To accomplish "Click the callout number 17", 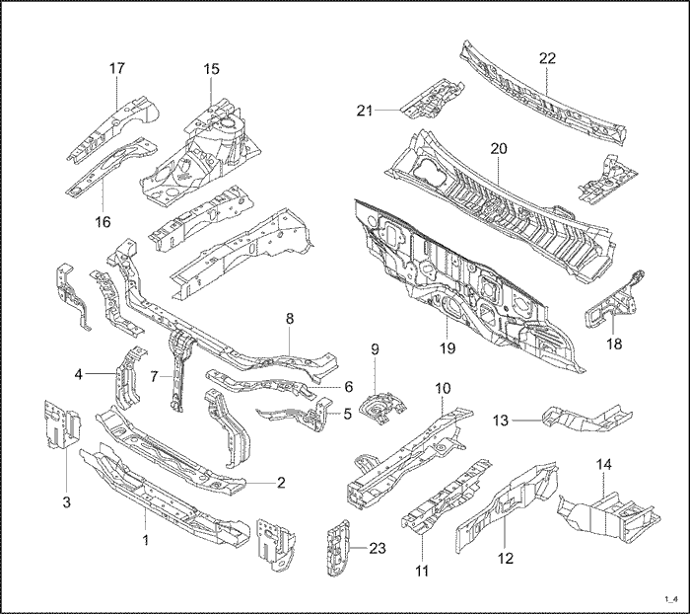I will (117, 68).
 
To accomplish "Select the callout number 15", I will (212, 68).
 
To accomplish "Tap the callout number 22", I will (548, 58).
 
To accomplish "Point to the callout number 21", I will (366, 111).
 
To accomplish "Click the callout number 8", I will (290, 318).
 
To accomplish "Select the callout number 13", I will (502, 420).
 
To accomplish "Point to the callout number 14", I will (604, 463).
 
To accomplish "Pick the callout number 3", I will (66, 503).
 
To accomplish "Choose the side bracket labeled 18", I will (611, 301).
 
